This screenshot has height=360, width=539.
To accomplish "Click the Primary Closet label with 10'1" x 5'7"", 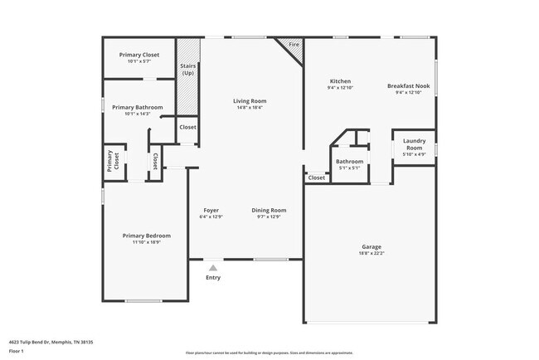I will pos(138,55).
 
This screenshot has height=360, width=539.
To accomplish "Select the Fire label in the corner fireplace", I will pos(294,44).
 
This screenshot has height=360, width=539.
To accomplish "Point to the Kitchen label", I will pos(339,81).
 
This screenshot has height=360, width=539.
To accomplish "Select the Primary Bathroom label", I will pos(138,107).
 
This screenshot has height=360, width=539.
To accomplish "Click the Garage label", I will pos(371,246).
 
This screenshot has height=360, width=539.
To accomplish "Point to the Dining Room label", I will pos(269,210).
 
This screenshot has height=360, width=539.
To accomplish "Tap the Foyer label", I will pos(211,210).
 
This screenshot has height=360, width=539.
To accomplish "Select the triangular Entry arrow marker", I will pos(213,267).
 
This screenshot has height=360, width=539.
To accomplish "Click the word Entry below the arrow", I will pos(213,277).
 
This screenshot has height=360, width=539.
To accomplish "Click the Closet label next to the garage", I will pos(317,178).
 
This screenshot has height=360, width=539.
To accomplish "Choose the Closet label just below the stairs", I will pos(188,127).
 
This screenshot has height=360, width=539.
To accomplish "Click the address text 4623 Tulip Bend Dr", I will pos(51,342).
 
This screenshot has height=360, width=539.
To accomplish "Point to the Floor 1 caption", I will pos(17,351).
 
